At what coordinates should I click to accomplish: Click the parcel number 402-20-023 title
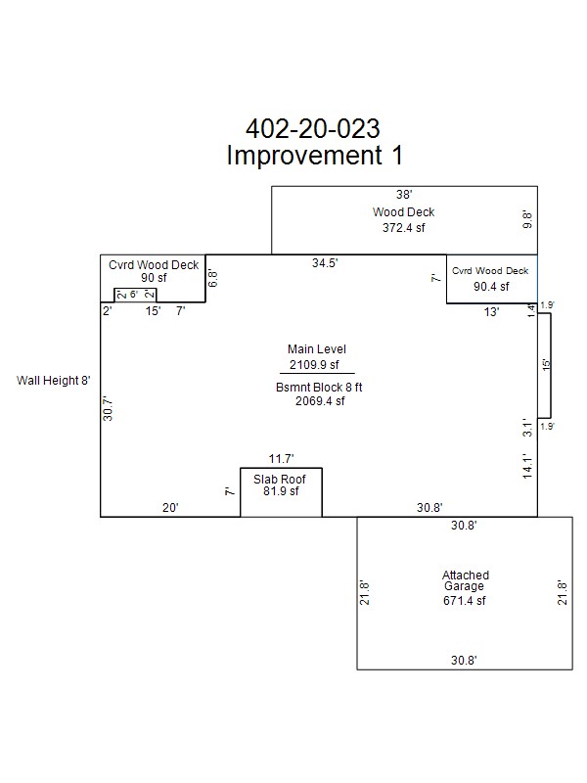313,129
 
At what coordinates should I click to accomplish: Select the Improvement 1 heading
314,155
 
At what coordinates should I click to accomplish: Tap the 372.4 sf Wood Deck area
404,228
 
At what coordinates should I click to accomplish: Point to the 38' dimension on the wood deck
404,194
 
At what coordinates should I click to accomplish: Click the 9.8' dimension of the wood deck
527,219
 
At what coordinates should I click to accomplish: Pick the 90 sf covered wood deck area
154,278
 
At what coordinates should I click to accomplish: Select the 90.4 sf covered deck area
492,286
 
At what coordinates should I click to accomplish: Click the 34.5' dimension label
325,262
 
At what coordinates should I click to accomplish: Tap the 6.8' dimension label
213,278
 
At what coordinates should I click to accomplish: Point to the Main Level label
316,349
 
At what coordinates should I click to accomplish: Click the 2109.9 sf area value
314,364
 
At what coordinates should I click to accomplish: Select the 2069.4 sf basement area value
320,401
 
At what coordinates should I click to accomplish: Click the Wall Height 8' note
54,381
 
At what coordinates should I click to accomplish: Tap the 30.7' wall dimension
108,408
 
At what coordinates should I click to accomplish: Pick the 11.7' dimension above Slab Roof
282,458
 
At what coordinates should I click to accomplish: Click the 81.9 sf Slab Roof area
281,491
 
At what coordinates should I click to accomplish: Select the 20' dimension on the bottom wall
170,507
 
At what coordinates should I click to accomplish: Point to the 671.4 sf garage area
464,601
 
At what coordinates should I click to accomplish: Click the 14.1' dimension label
527,467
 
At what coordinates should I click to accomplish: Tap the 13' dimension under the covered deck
491,312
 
